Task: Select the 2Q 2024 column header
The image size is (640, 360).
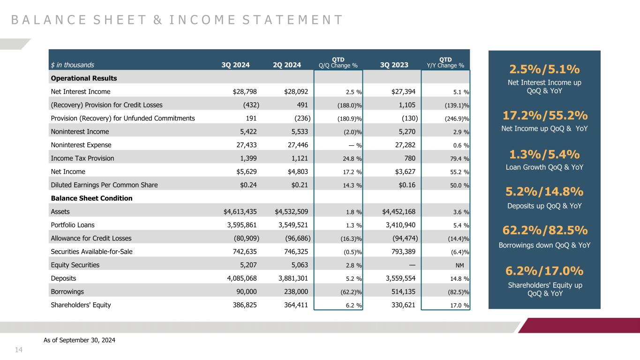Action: pos(286,65)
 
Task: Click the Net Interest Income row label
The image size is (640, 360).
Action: pos(81,92)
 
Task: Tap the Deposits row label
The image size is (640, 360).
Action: pos(63,278)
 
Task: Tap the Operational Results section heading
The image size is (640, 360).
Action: pos(83,78)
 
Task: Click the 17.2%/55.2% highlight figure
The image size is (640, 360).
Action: pos(544,115)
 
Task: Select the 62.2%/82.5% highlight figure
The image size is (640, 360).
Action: pos(544,231)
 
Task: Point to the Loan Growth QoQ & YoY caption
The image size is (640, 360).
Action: pos(544,167)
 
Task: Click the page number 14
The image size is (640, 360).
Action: pos(19,350)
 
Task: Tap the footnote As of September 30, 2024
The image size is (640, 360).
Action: pos(79,340)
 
